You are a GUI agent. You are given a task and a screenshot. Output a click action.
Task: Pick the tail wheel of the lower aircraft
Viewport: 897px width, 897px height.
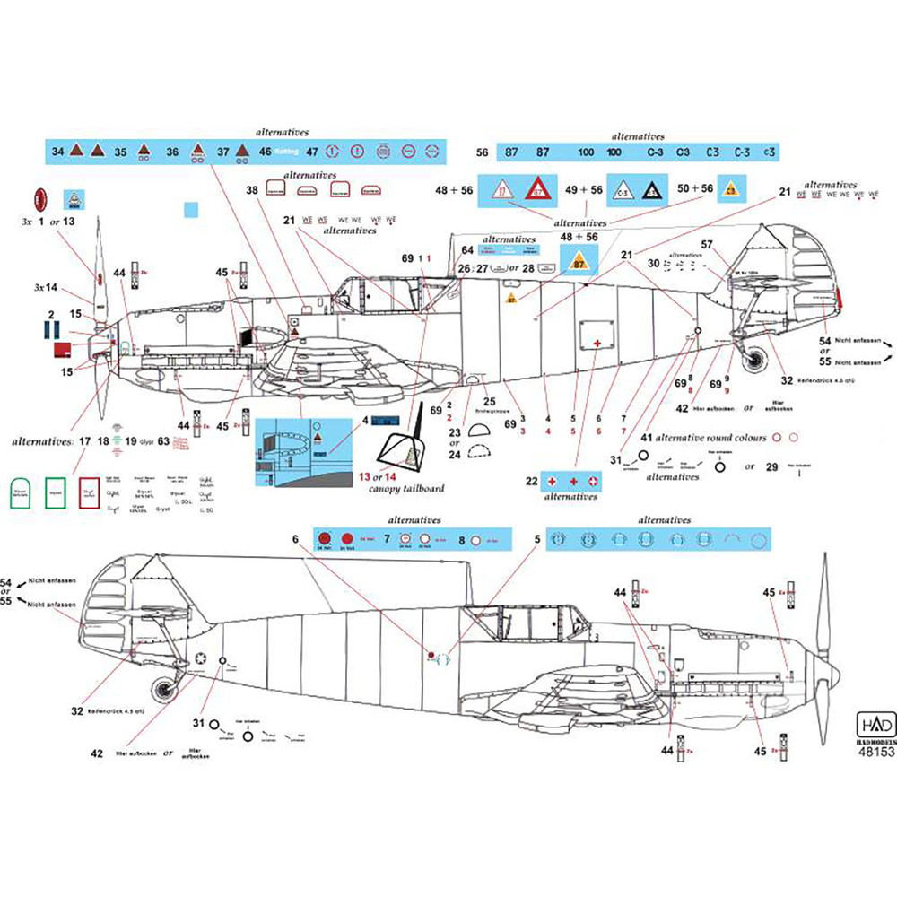click(x=164, y=692)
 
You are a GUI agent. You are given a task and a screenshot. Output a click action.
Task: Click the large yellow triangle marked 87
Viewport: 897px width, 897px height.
click(x=579, y=262)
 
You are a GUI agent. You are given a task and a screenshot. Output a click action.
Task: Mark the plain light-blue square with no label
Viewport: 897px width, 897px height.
click(x=189, y=210)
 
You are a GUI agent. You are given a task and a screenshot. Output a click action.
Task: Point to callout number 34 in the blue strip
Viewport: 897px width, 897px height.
click(x=58, y=152)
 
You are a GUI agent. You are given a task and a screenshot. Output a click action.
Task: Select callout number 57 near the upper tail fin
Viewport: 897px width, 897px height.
click(x=707, y=244)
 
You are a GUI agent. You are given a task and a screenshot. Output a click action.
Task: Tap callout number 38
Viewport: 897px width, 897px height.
click(x=252, y=190)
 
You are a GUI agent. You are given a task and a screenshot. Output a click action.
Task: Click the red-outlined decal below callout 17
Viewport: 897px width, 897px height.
click(x=89, y=492)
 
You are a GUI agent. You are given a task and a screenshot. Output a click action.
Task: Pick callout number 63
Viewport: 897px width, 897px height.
click(x=163, y=440)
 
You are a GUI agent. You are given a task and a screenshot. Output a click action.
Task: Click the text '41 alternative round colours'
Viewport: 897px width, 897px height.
click(x=705, y=438)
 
